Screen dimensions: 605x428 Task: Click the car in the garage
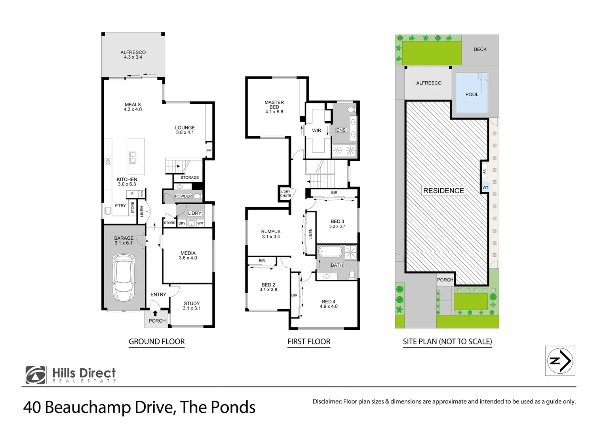124,277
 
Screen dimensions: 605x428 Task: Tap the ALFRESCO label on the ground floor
133,52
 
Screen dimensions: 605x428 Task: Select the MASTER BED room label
274,105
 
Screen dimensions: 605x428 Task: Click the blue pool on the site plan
472,93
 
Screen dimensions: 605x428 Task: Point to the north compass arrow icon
560,361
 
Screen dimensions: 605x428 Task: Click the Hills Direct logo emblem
36,375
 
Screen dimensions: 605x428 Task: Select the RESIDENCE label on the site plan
443,191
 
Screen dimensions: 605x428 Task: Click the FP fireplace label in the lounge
209,150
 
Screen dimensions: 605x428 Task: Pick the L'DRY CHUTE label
285,193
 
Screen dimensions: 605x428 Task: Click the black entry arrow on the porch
155,313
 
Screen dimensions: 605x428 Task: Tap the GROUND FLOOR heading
157,342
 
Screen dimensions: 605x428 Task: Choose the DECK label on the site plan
480,49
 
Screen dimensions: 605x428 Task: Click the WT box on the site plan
485,187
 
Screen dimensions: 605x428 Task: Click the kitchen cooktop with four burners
108,161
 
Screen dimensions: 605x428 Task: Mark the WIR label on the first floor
316,130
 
